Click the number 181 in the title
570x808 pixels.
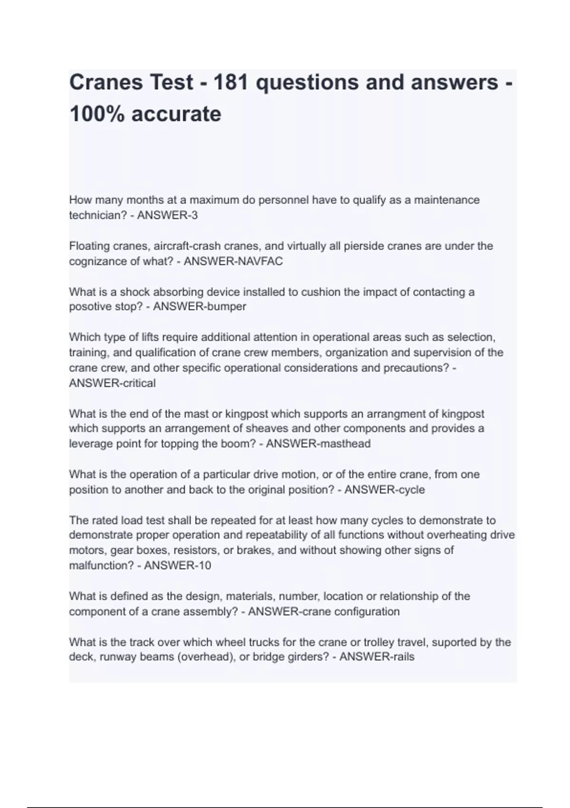point(231,83)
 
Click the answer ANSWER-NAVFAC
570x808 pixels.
point(233,261)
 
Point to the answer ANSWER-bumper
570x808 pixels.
point(199,307)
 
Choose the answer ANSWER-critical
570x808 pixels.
point(112,383)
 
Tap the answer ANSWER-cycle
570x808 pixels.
point(384,490)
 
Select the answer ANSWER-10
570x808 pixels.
point(177,566)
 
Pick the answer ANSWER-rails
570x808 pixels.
point(377,657)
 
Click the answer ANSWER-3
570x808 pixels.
point(167,215)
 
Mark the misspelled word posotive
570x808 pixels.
point(90,307)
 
